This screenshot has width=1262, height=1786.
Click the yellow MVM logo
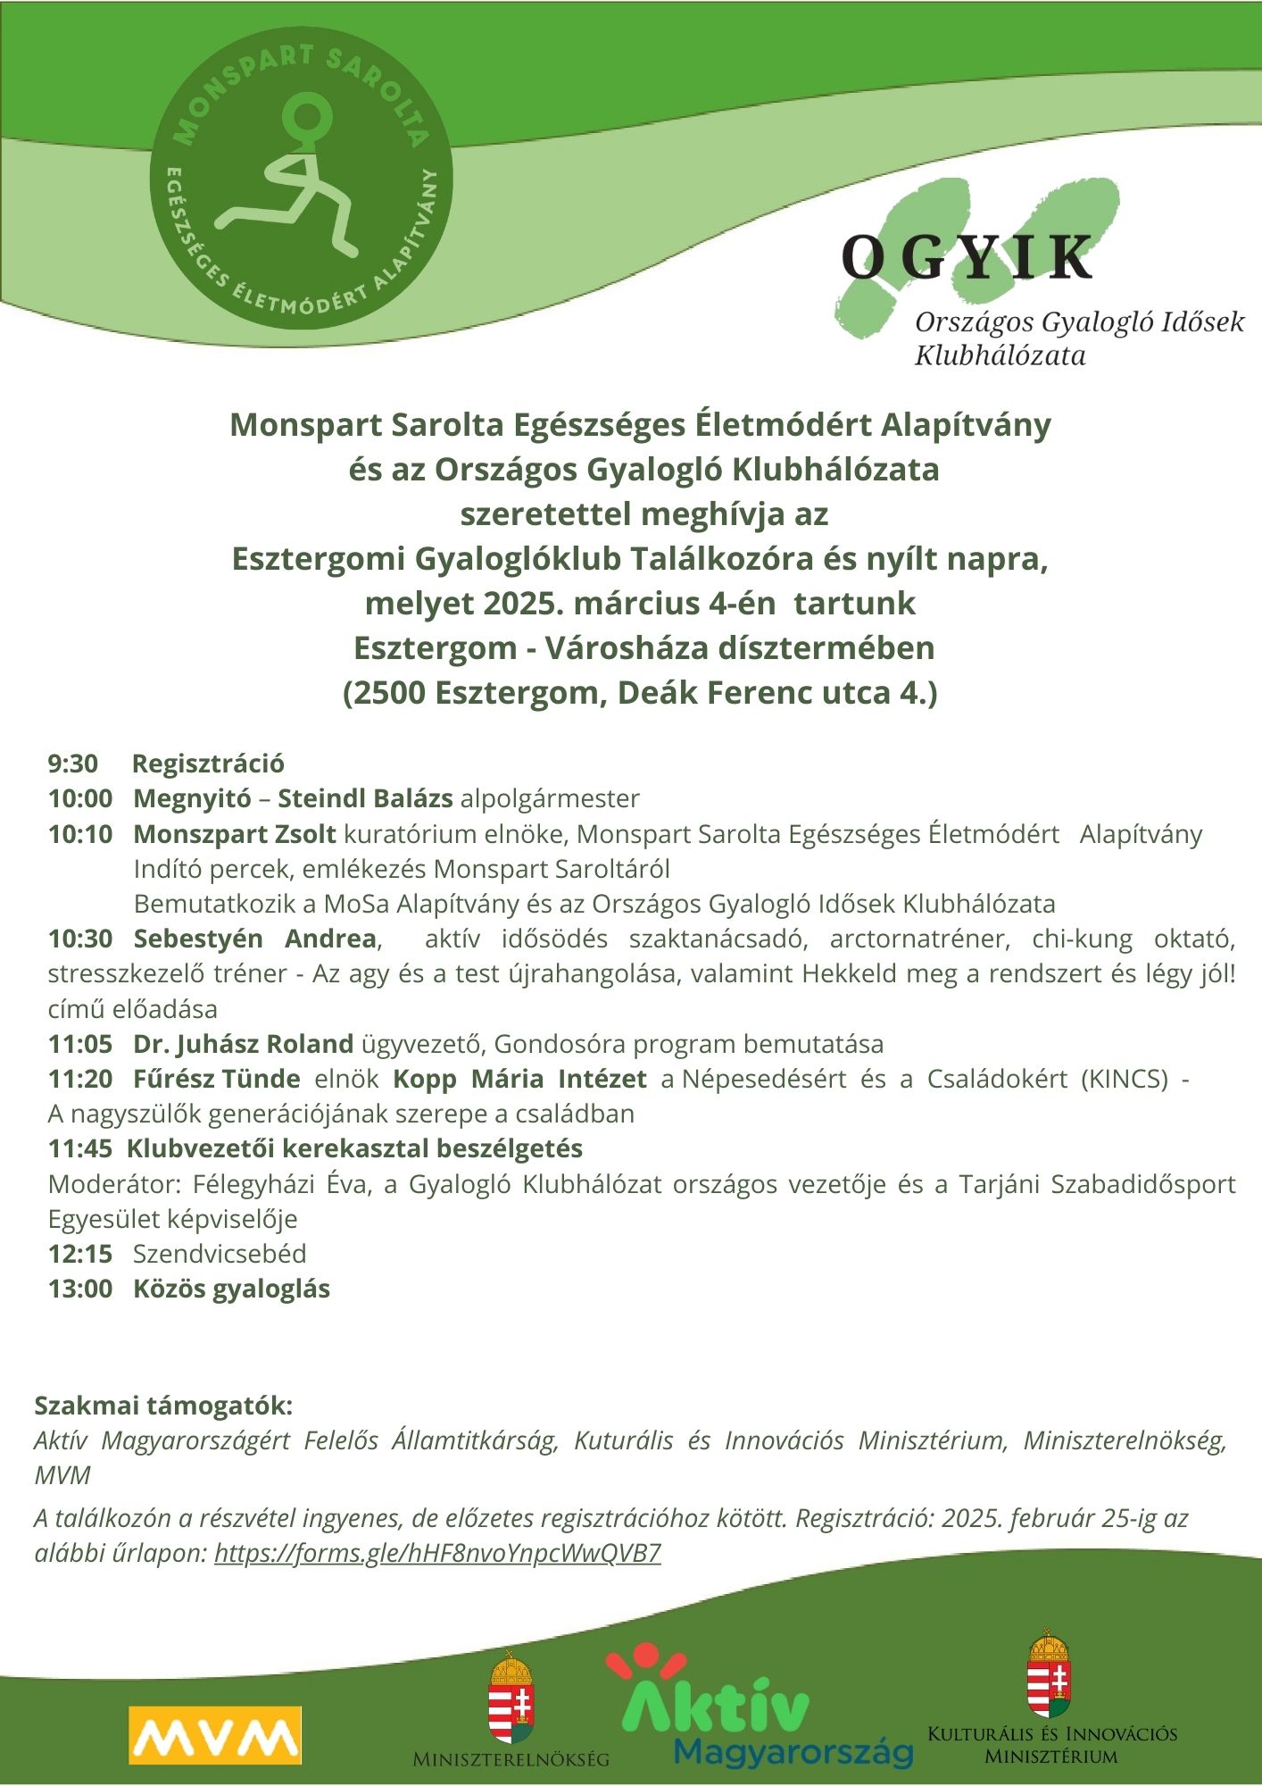(214, 1735)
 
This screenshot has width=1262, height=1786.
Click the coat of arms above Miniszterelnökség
(511, 1696)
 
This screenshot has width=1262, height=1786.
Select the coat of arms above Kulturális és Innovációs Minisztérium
(1050, 1673)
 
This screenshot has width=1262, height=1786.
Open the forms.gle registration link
(437, 1553)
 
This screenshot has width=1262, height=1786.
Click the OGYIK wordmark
(967, 258)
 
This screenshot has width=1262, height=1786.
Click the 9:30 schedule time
(73, 764)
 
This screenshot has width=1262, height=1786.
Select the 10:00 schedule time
(80, 798)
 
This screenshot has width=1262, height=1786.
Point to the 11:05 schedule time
(80, 1044)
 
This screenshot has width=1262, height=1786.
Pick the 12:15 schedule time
(80, 1254)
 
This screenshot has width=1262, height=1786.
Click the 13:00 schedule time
(80, 1289)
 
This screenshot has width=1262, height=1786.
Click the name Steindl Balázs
(365, 798)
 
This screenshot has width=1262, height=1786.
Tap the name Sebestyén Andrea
(254, 939)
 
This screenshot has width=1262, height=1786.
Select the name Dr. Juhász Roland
(243, 1044)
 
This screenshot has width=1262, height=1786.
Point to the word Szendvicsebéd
(220, 1254)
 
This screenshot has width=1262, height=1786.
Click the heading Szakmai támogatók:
(163, 1406)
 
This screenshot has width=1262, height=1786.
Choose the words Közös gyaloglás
(231, 1289)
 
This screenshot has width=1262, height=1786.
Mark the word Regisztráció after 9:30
(208, 764)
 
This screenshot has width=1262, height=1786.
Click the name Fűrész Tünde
(216, 1079)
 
